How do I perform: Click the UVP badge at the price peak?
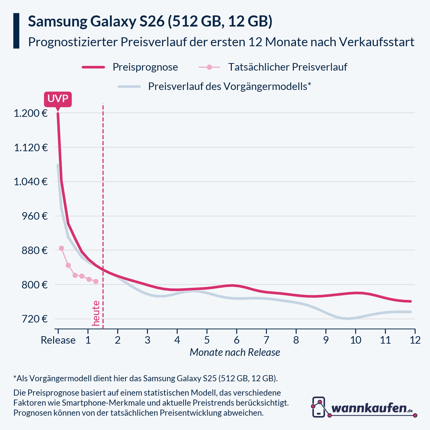(58, 99)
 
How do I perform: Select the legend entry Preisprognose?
(145, 67)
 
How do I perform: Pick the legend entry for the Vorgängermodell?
(229, 86)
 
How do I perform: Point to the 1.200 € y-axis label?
(30, 113)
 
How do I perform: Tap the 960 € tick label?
(34, 216)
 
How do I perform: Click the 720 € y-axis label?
(34, 319)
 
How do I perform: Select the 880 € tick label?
(34, 250)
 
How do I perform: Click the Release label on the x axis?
(58, 340)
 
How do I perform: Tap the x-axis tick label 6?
(236, 340)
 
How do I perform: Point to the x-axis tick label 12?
(415, 340)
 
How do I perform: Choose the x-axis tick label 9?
(326, 340)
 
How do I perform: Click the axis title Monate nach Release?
(235, 352)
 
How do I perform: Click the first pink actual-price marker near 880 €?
(61, 248)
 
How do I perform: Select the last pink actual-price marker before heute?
(96, 281)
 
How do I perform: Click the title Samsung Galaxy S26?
(150, 21)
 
